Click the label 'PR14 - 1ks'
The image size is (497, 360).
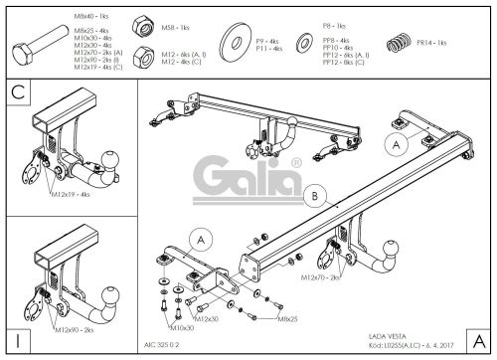432,44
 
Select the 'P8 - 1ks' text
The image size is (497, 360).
361,25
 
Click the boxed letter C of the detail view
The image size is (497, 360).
18,94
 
